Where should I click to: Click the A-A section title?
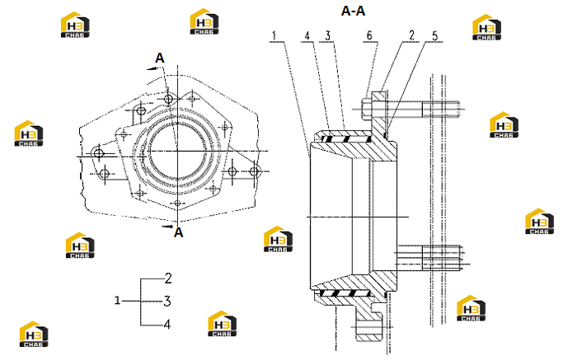pyautogui.click(x=353, y=11)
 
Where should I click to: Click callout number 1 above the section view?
pyautogui.click(x=274, y=35)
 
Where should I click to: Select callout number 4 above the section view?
pyautogui.click(x=307, y=35)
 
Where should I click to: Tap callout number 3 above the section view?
pyautogui.click(x=327, y=35)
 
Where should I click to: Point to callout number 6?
pyautogui.click(x=369, y=35)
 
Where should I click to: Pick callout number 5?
pyautogui.click(x=435, y=35)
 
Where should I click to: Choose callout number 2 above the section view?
pyautogui.click(x=411, y=35)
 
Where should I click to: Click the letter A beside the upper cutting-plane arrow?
pyautogui.click(x=160, y=58)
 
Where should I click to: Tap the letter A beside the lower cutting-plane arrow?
pyautogui.click(x=179, y=232)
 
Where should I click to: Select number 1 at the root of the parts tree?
pyautogui.click(x=117, y=301)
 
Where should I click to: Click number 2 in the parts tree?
pyautogui.click(x=168, y=278)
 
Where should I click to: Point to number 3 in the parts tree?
pyautogui.click(x=167, y=302)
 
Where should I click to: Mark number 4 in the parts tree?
pyautogui.click(x=167, y=325)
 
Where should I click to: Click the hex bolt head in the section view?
pyautogui.click(x=367, y=109)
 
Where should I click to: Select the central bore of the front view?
pyautogui.click(x=177, y=152)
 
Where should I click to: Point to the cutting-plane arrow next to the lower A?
pyautogui.click(x=167, y=227)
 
